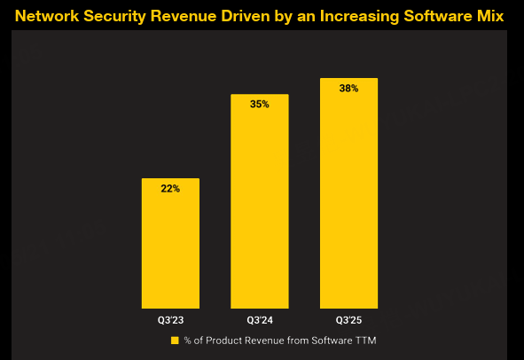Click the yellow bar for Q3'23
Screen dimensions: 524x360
pos(170,243)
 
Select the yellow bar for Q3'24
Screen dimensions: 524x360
pos(260,201)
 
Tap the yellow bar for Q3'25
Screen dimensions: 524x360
pos(348,193)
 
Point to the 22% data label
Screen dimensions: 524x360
pos(170,189)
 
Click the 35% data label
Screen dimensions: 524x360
pos(260,104)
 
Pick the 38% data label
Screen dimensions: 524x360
pos(348,89)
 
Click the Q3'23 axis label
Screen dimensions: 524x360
pos(171,320)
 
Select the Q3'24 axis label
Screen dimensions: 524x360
pos(260,320)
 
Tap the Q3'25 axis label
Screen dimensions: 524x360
pos(348,320)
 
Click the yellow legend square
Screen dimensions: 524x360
pos(175,340)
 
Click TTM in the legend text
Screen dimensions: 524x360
pos(366,340)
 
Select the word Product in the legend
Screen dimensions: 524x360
pos(223,340)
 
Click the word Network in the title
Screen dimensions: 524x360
pos(47,16)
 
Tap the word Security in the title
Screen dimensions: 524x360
pos(114,17)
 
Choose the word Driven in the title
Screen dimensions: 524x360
pos(246,16)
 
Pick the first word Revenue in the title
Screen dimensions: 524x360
pos(184,16)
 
